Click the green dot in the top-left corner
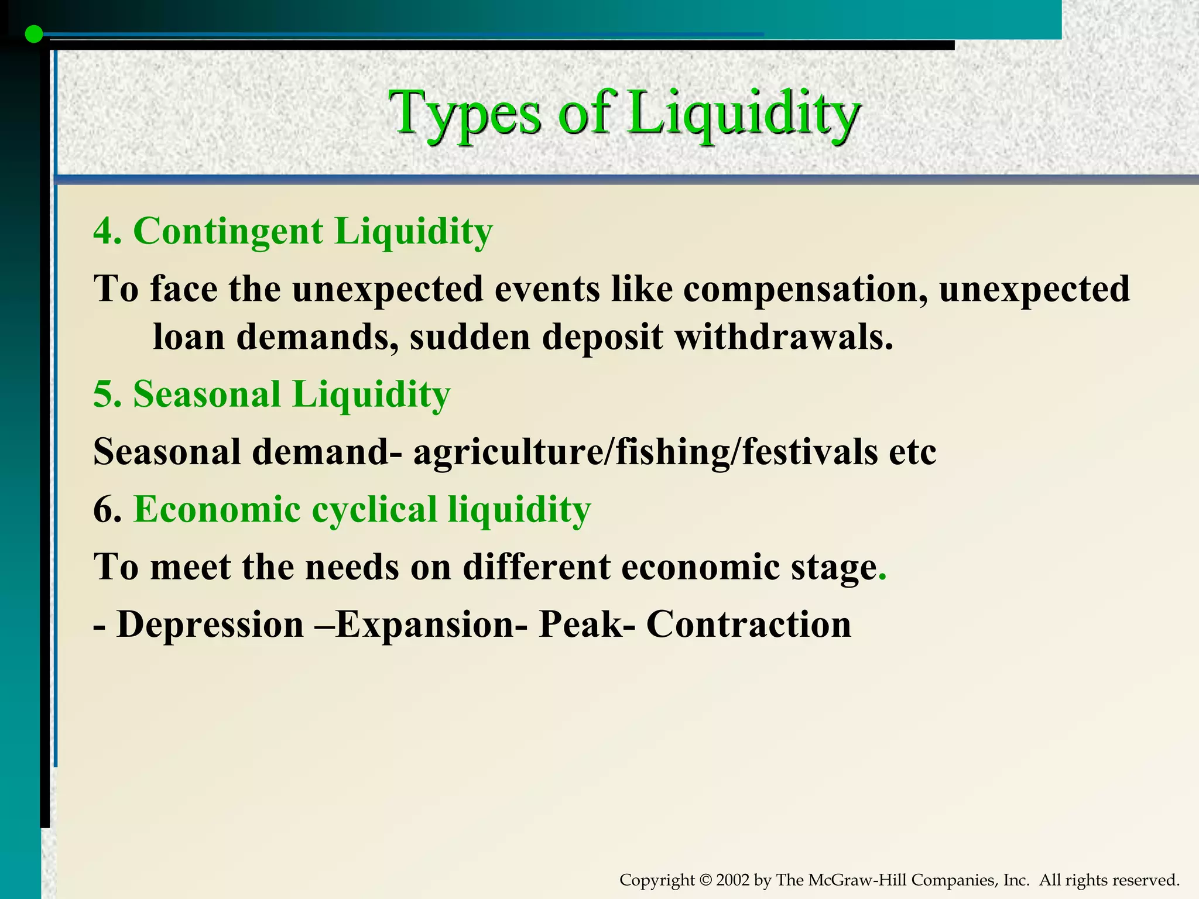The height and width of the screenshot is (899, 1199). point(35,35)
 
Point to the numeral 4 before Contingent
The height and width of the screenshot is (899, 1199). point(103,231)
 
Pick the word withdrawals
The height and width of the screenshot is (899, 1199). point(784,337)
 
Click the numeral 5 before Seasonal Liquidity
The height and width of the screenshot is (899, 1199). point(103,394)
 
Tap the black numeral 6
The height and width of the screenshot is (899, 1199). point(104,509)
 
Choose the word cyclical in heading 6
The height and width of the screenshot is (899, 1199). point(374,509)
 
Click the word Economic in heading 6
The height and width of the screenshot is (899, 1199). point(217,509)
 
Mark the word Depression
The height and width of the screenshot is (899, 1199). point(210,625)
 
